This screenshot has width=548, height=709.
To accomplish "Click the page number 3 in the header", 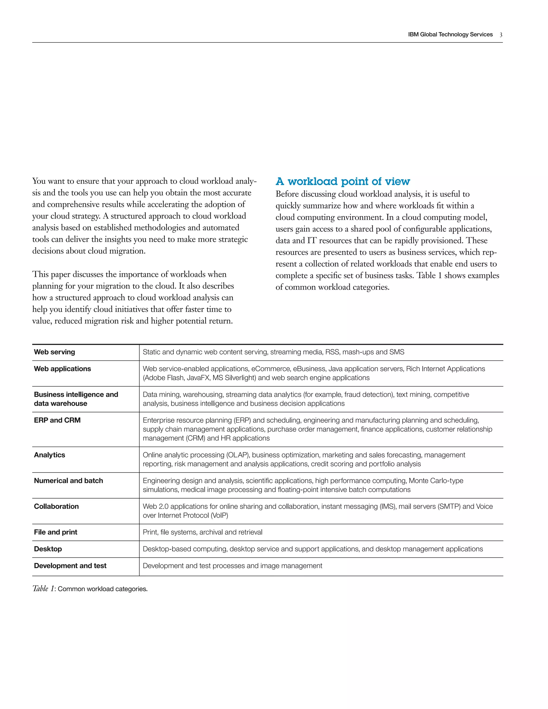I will click(x=501, y=35).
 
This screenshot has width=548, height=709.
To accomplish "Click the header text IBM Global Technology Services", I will click(x=450, y=35).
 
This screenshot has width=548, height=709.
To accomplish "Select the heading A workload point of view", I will click(x=342, y=181).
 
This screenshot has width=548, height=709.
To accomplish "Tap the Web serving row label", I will click(x=55, y=352).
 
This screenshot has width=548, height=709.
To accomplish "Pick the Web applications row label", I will click(x=62, y=369).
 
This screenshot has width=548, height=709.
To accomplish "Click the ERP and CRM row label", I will click(x=57, y=420).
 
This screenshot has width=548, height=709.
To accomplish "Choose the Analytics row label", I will click(x=49, y=455).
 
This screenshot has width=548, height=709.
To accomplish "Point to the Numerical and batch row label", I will click(x=68, y=481).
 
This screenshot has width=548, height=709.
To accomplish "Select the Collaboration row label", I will click(x=56, y=506).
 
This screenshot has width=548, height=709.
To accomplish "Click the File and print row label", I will click(x=55, y=532).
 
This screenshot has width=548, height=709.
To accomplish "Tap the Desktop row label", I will click(x=48, y=549).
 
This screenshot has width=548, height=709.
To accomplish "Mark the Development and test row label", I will click(x=70, y=566).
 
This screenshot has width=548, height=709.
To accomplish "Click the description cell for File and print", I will click(x=202, y=532).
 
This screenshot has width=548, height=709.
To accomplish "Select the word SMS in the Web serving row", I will click(x=397, y=352).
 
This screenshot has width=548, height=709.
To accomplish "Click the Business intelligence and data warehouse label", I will click(x=76, y=399).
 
